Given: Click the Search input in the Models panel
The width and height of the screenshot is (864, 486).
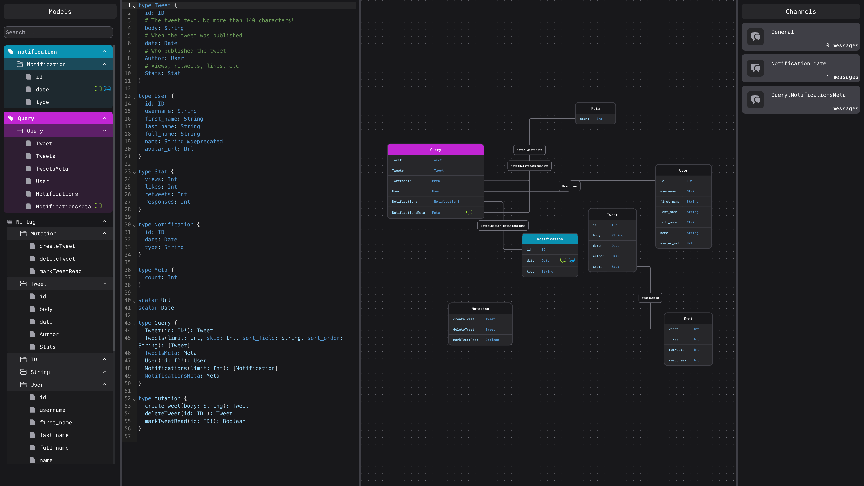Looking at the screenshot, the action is (58, 32).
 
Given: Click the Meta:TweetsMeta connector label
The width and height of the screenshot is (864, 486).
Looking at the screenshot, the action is (529, 150).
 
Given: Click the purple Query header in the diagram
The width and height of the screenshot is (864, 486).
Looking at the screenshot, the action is (435, 150).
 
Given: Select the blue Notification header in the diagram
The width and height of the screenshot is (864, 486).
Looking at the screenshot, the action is (550, 239).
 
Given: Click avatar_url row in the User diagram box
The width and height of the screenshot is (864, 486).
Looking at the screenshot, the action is (683, 243).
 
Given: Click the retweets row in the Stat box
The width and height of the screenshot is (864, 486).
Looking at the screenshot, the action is (688, 349).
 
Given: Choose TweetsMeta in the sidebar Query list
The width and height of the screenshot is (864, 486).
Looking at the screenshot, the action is (52, 169).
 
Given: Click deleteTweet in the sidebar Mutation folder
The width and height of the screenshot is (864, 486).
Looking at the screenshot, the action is (57, 259).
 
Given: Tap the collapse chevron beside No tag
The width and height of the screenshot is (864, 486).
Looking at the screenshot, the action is (105, 222).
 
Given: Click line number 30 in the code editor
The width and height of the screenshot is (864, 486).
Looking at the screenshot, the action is (127, 224).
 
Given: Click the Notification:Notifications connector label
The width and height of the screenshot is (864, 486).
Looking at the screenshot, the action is (503, 226).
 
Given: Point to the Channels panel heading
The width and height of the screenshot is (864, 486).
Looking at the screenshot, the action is (801, 12).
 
